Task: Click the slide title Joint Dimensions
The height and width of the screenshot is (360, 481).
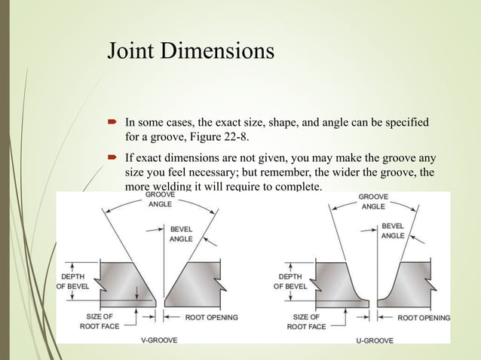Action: pos(191,53)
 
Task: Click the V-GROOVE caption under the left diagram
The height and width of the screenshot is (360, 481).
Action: pos(160,340)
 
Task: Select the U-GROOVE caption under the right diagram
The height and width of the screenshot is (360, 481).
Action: pos(374,340)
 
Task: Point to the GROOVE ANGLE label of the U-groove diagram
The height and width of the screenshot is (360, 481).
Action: pos(373,201)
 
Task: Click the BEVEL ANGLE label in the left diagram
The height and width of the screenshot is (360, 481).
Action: pos(181,233)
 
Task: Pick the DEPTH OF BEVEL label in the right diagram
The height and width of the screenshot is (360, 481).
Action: pos(290,282)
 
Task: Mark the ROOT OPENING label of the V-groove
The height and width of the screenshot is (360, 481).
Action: pos(212,317)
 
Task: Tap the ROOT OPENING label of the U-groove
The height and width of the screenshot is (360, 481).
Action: pos(424,318)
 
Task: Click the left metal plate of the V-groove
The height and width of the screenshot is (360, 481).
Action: pos(117,282)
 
